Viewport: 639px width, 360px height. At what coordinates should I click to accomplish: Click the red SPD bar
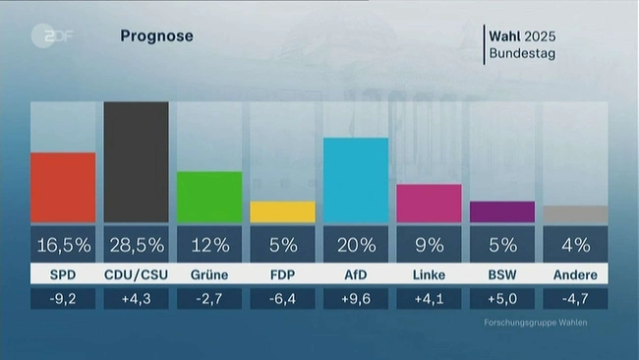coord(63,187)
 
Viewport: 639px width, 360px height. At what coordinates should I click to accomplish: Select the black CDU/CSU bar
coord(136,162)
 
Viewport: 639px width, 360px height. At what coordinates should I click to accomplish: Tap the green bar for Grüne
coord(208,197)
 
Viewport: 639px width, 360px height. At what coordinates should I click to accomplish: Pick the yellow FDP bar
coord(282,211)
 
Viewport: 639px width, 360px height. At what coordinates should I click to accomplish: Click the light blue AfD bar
coord(355,180)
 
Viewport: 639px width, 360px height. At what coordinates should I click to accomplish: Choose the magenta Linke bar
coord(429,203)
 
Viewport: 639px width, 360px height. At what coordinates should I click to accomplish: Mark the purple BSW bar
coord(501,211)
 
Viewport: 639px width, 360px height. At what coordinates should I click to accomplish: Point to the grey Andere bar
coord(575,213)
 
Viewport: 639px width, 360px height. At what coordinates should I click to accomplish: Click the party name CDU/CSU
coord(136,274)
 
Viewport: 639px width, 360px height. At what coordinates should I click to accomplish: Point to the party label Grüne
coord(208,274)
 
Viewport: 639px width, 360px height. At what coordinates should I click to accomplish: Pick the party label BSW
coord(501,274)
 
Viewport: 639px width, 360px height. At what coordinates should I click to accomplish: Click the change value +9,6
coord(355,298)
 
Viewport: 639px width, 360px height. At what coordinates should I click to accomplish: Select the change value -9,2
coord(63,298)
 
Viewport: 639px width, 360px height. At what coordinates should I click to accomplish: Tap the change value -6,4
coord(282,298)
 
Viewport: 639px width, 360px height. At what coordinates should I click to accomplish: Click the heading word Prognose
coord(156,36)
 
